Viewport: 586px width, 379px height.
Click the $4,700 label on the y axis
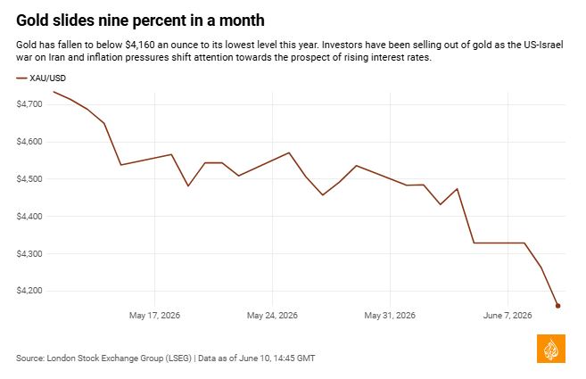[x=29, y=104]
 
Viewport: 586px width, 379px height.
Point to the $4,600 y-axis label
[x=29, y=142]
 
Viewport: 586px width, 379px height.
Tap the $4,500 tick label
[x=29, y=178]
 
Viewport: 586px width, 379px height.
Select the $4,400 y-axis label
[x=29, y=216]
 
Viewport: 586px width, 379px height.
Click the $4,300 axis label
[x=29, y=253]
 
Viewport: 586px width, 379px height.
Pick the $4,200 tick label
[x=29, y=291]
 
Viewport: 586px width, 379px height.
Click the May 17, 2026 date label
[x=154, y=316]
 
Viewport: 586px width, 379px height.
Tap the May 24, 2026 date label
[x=272, y=316]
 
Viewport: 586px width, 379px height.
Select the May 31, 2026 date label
[x=390, y=316]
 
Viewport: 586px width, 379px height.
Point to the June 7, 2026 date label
[x=508, y=316]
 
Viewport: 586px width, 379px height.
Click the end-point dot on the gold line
[x=558, y=306]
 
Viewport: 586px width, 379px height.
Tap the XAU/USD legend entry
[x=41, y=78]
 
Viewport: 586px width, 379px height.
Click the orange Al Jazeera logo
[x=551, y=349]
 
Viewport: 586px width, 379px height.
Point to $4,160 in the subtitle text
[x=140, y=45]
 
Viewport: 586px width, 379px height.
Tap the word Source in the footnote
[x=30, y=358]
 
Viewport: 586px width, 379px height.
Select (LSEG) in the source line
[x=177, y=358]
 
